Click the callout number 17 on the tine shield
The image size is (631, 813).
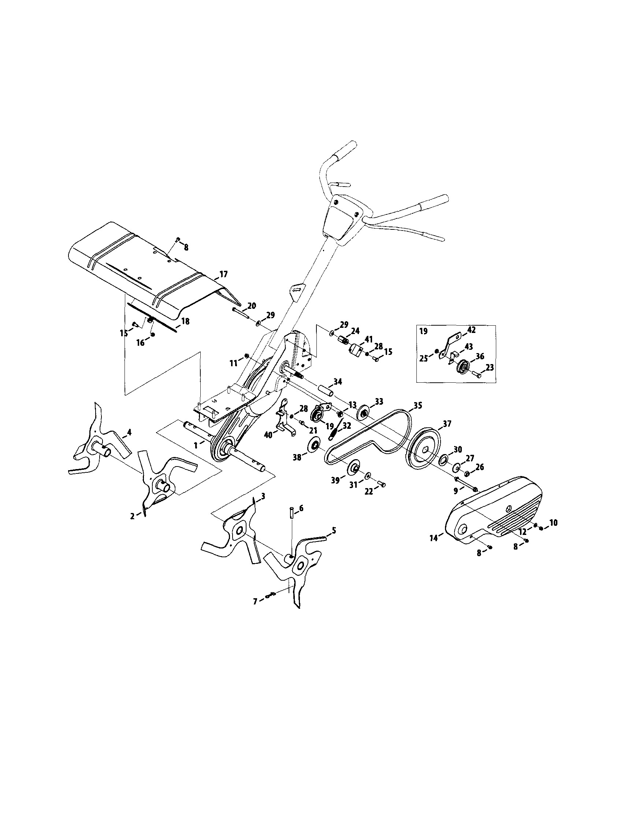point(223,274)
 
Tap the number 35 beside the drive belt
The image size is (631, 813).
point(417,406)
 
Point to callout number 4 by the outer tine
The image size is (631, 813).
point(129,432)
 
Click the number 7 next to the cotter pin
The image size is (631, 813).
point(255,601)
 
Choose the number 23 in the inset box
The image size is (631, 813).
point(489,367)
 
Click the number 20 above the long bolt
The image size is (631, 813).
point(252,306)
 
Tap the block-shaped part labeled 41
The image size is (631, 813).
point(356,350)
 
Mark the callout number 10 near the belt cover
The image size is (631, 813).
point(553,522)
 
